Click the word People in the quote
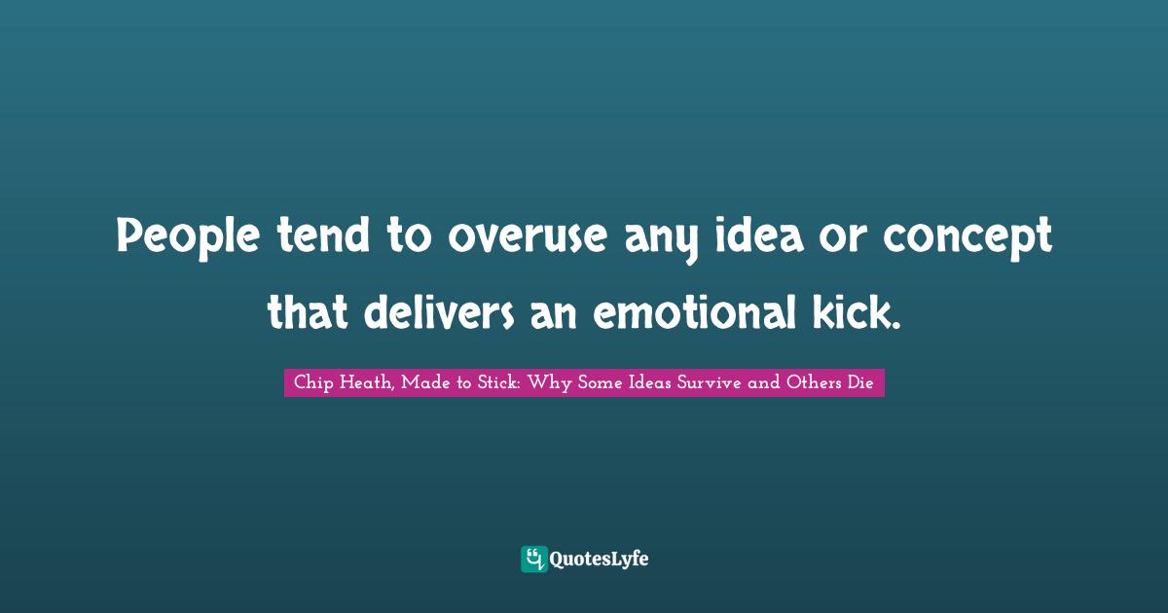[174, 236]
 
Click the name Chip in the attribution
[310, 383]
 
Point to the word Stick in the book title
[498, 383]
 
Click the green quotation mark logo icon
[533, 559]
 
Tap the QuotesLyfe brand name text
[599, 559]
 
